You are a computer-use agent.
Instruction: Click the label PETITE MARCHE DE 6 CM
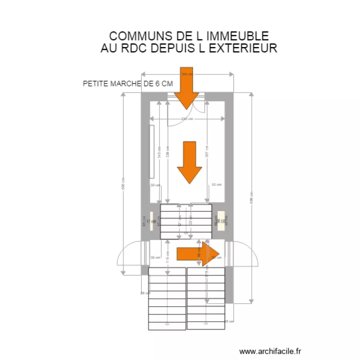click(128, 84)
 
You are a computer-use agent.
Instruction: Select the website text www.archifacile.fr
click(270, 352)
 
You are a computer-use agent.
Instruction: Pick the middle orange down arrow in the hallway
click(190, 162)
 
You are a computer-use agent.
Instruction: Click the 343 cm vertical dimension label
click(159, 152)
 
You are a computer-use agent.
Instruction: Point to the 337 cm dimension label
click(206, 151)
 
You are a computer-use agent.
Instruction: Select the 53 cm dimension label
click(216, 184)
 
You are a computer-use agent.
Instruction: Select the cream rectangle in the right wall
click(221, 221)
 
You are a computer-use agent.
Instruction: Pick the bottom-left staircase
click(167, 299)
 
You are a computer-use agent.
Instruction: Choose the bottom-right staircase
click(205, 299)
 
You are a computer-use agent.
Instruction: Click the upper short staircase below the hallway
click(186, 221)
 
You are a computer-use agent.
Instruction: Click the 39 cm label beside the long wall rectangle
click(155, 185)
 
